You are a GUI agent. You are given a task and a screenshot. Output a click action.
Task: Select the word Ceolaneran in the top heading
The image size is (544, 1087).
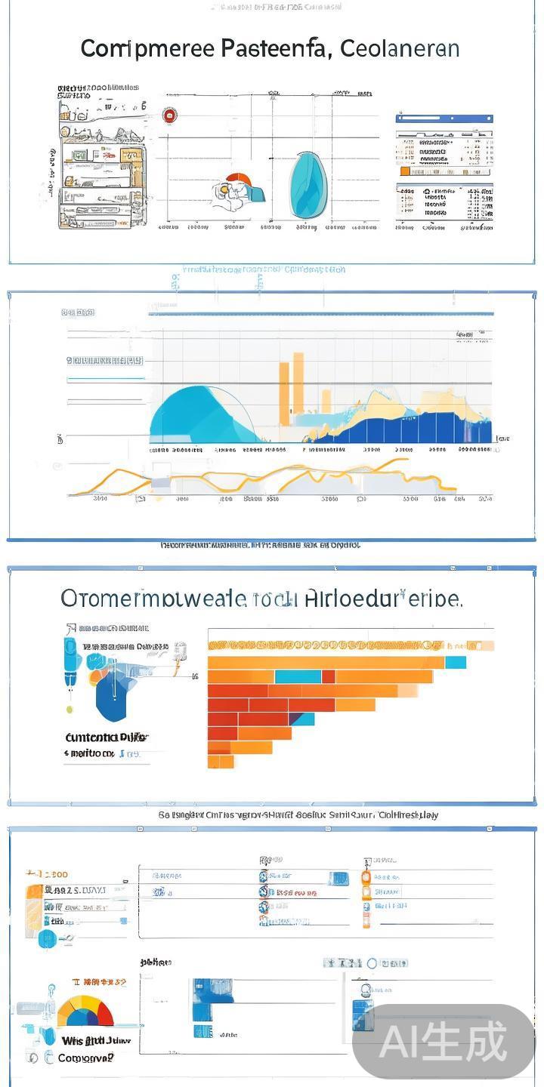coord(400,49)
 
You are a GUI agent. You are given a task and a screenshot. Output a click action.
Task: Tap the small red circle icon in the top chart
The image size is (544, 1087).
coord(170,115)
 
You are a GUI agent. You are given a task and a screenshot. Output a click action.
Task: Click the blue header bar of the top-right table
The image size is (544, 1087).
coord(444,119)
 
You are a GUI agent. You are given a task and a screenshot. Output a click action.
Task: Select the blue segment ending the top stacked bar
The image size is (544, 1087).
coord(456,662)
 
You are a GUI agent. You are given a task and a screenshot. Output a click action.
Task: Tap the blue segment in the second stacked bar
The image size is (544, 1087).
coord(298,676)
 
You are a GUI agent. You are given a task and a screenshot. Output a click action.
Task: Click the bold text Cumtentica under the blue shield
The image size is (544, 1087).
coord(96,737)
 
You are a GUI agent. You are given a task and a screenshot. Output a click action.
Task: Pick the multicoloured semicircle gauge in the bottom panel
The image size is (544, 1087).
coord(85,1012)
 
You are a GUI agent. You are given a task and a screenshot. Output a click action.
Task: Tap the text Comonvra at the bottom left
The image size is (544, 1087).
coord(85,1058)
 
